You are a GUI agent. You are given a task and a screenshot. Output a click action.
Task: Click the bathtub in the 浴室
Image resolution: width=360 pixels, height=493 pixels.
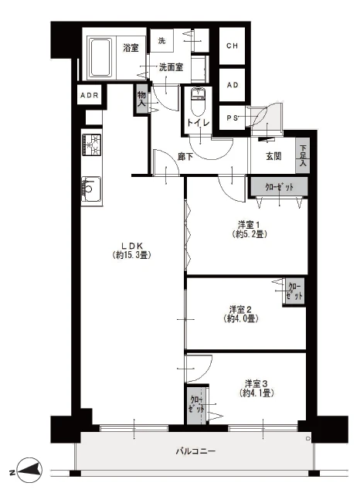[100, 57]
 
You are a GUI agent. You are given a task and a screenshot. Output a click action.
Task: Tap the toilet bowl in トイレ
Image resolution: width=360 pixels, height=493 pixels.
[198, 102]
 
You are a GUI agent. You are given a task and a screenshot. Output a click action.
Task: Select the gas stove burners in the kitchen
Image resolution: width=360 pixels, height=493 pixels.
[91, 144]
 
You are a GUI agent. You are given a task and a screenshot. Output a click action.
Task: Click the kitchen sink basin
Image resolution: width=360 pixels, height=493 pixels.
[91, 189]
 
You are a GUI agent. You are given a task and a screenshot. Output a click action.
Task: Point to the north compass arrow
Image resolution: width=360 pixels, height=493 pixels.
[29, 471]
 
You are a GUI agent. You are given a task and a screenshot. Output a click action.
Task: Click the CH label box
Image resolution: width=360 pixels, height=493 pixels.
[232, 46]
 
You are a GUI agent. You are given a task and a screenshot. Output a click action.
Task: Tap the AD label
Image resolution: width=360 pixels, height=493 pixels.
[233, 85]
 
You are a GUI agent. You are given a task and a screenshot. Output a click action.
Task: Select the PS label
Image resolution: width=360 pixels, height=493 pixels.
[232, 118]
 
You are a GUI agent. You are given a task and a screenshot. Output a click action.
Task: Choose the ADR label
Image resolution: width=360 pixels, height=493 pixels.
[90, 95]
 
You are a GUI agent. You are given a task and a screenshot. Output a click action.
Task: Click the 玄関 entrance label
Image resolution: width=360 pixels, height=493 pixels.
[273, 156]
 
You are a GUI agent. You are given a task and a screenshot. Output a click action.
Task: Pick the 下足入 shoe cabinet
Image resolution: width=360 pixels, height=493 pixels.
[302, 155]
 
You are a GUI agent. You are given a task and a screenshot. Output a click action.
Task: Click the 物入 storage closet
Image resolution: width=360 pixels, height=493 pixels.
[141, 99]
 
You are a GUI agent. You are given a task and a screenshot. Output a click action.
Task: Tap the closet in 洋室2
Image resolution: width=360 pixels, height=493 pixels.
[295, 291]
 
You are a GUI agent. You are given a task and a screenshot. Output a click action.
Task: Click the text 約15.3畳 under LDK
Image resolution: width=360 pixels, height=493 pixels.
[132, 255]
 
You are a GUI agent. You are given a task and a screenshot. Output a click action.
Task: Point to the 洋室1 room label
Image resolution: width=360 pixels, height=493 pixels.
[249, 225]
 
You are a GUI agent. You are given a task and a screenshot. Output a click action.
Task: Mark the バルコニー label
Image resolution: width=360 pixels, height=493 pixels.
[195, 451]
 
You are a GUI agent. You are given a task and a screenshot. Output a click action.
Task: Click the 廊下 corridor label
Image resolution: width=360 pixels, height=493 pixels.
[185, 157]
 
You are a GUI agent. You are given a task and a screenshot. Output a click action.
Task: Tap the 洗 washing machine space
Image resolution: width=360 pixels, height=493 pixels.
[161, 40]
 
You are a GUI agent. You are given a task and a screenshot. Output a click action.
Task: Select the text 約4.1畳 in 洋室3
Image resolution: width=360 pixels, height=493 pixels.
[256, 393]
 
